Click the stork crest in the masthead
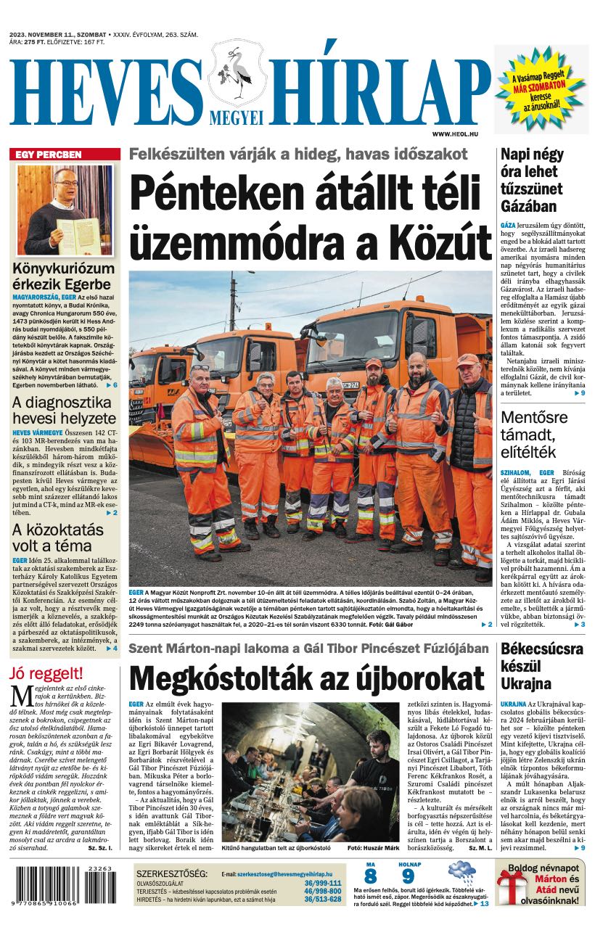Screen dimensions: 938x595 click(x=237, y=73)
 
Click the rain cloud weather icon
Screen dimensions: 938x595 click(x=461, y=872)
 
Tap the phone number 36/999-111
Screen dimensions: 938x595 click(x=323, y=883)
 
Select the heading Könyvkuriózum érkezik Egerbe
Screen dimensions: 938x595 click(x=64, y=276)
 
